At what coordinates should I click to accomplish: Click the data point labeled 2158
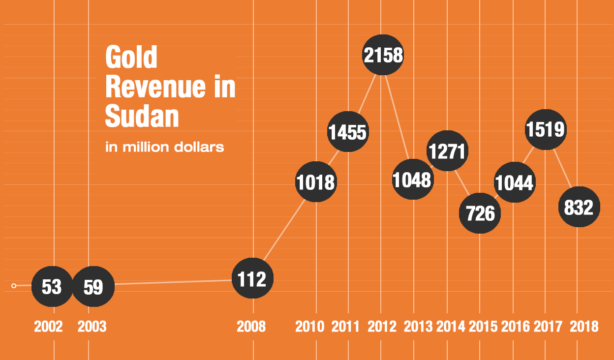383,55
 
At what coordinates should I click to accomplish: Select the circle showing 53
52,286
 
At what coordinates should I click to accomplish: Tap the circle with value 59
93,286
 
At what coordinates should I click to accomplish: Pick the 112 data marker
252,279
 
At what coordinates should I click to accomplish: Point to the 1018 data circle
316,182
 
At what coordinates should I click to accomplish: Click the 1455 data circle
348,132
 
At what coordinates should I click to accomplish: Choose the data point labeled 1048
412,180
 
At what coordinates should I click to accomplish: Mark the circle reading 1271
447,151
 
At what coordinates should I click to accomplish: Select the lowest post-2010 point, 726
480,213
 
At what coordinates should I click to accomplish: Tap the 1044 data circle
514,182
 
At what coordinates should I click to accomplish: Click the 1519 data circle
546,129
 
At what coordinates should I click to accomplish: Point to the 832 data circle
579,207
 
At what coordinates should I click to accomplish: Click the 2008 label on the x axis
251,327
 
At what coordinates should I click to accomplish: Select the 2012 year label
382,327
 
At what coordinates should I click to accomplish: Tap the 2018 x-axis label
584,327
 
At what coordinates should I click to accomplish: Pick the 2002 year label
48,327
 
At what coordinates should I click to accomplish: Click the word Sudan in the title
142,117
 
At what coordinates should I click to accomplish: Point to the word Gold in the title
131,58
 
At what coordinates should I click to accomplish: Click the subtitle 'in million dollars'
165,147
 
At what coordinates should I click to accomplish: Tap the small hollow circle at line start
14,286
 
